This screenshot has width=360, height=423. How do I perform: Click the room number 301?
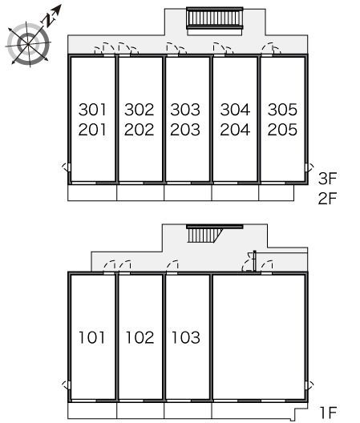[92, 110]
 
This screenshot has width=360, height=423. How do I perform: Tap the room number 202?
[139, 130]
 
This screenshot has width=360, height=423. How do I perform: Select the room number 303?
[185, 110]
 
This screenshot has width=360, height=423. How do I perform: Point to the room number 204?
[235, 130]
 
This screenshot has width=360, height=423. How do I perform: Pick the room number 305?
[282, 110]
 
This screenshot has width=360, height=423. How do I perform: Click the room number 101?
[92, 337]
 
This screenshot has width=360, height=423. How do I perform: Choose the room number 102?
[140, 337]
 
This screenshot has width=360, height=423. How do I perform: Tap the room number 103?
[186, 337]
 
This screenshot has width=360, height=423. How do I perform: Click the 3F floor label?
[328, 179]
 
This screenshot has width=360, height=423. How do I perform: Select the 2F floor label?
[328, 199]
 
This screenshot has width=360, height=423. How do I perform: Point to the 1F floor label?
[328, 413]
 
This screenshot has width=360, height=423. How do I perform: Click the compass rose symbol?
[28, 44]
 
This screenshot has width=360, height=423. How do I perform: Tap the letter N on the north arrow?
[49, 20]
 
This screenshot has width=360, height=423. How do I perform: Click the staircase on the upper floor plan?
[215, 18]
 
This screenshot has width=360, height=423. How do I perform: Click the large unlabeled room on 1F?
[259, 336]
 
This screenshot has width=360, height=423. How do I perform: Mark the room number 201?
[92, 130]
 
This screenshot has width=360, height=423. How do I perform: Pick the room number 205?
[282, 130]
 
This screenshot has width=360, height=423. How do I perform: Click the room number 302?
[139, 110]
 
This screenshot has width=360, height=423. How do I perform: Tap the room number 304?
[235, 110]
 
